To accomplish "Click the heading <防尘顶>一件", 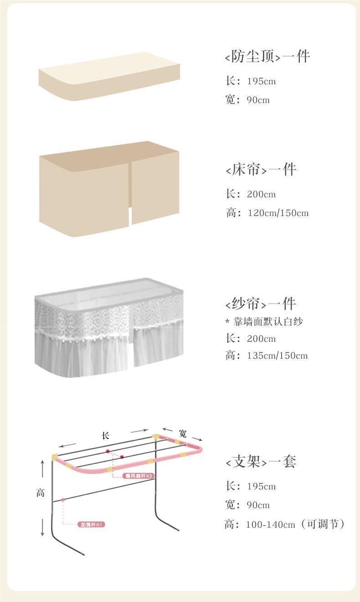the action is point(267,57).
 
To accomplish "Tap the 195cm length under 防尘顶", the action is point(261,82).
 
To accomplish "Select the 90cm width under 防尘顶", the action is point(258,100).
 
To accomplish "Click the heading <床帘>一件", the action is point(261,170).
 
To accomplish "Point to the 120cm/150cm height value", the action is point(278,213).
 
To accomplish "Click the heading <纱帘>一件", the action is point(261,304).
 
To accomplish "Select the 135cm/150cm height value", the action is point(278,355).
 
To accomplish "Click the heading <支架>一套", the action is point(261,462).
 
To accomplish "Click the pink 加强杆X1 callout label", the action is point(92,525).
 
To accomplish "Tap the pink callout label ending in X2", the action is point(139,476).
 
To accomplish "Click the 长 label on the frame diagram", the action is point(106,436).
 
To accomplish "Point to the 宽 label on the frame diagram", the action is point(183,433).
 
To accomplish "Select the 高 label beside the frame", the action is point(41,493).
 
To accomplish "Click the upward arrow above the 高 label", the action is point(43,469).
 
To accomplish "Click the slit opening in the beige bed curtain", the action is point(130,216).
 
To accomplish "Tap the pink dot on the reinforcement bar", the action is point(63,500).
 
